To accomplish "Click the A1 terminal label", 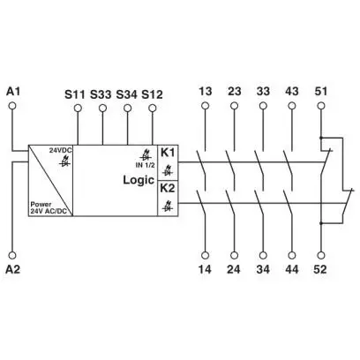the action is point(13,92).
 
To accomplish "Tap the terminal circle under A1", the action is point(12,106).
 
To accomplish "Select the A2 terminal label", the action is point(13,269).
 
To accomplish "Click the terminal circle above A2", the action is point(12,255).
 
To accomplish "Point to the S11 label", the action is point(75,94).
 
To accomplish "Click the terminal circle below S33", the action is point(102,109).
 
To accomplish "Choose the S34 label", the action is point(126,94).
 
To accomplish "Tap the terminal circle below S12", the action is point(153,109).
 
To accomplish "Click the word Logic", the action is point(139,180).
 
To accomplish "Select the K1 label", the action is point(168,153).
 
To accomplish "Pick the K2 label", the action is point(168,188).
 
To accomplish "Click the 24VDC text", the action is point(61,150).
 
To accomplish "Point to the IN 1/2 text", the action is point(145,165).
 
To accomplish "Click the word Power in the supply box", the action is point(41,204).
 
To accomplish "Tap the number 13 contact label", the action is point(205,91).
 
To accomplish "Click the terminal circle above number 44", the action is point(292,255).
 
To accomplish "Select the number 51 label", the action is point(321,91).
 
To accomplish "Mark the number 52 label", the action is point(320,269).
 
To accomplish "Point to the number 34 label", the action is point(263,269).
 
